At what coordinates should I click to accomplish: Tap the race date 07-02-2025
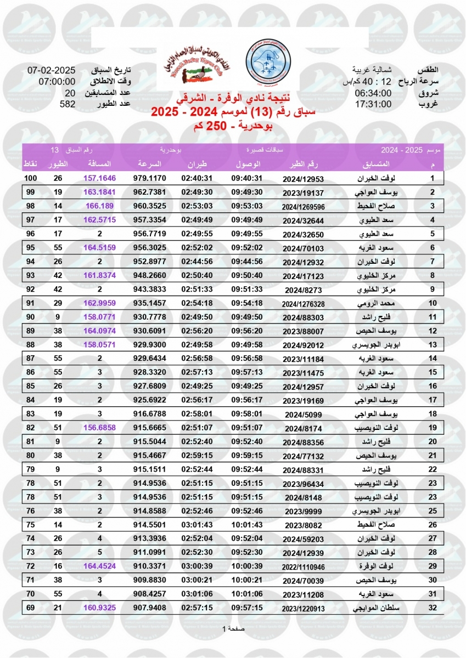(51, 71)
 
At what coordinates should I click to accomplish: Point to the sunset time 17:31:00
(373, 104)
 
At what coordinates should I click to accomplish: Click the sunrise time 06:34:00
(373, 93)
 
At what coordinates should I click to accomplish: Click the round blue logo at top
(268, 61)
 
